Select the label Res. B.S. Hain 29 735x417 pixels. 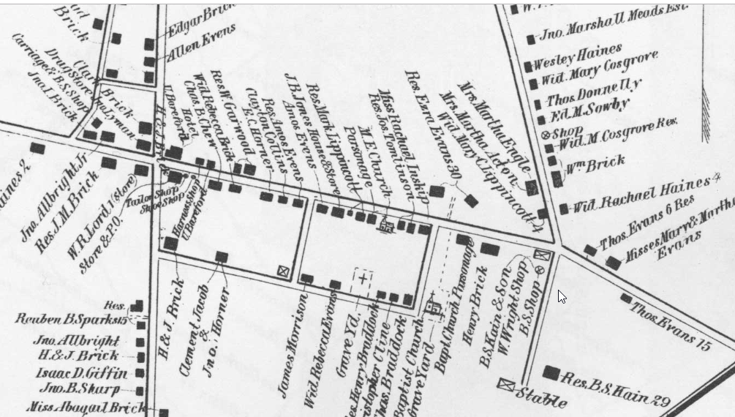tap(615, 380)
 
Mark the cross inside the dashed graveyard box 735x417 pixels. tap(363, 278)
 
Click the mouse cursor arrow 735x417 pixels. tap(562, 296)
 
